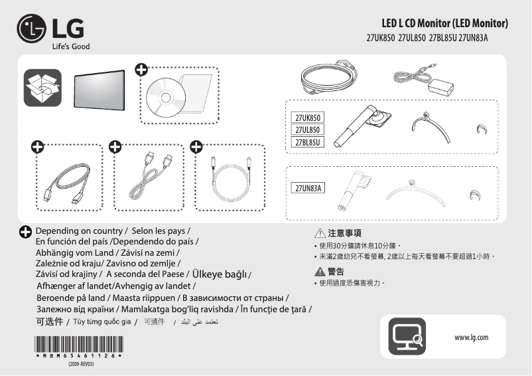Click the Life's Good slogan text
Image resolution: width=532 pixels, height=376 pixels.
70,47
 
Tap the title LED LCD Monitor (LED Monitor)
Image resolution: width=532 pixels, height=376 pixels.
445,24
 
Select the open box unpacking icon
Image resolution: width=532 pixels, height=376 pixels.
42,88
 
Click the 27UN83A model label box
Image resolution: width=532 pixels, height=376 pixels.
308,188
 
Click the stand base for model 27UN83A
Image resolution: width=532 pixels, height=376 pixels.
412,191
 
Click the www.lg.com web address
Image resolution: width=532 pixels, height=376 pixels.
471,337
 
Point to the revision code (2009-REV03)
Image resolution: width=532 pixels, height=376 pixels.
80,365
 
